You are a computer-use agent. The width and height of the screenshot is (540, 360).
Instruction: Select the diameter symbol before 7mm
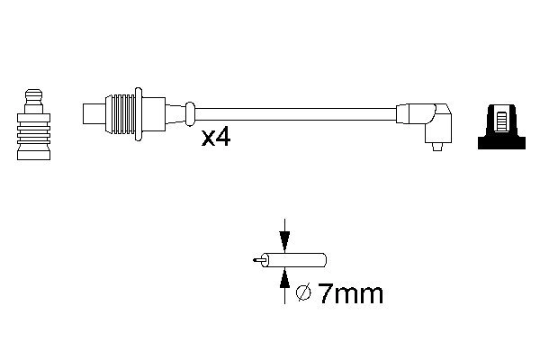click(x=304, y=293)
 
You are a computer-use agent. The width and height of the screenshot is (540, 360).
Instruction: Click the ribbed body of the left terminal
click(x=32, y=135)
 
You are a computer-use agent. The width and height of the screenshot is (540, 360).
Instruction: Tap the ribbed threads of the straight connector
click(x=120, y=114)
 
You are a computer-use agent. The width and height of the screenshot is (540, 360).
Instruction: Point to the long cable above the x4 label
click(x=297, y=114)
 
